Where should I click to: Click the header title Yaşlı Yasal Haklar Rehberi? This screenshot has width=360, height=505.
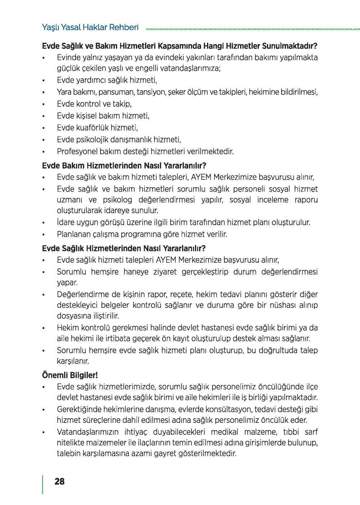click(90, 27)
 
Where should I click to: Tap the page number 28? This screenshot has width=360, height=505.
click(59, 482)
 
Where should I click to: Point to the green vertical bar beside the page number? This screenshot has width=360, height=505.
click(43, 484)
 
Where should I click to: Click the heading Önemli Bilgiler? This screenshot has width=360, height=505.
click(70, 375)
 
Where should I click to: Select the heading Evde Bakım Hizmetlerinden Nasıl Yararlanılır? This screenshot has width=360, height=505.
click(124, 166)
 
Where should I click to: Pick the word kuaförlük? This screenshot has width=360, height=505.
click(91, 128)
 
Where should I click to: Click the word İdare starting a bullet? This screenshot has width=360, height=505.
click(66, 222)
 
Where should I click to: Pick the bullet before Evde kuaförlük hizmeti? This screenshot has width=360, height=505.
click(44, 128)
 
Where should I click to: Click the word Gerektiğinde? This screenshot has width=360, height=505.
click(79, 410)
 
